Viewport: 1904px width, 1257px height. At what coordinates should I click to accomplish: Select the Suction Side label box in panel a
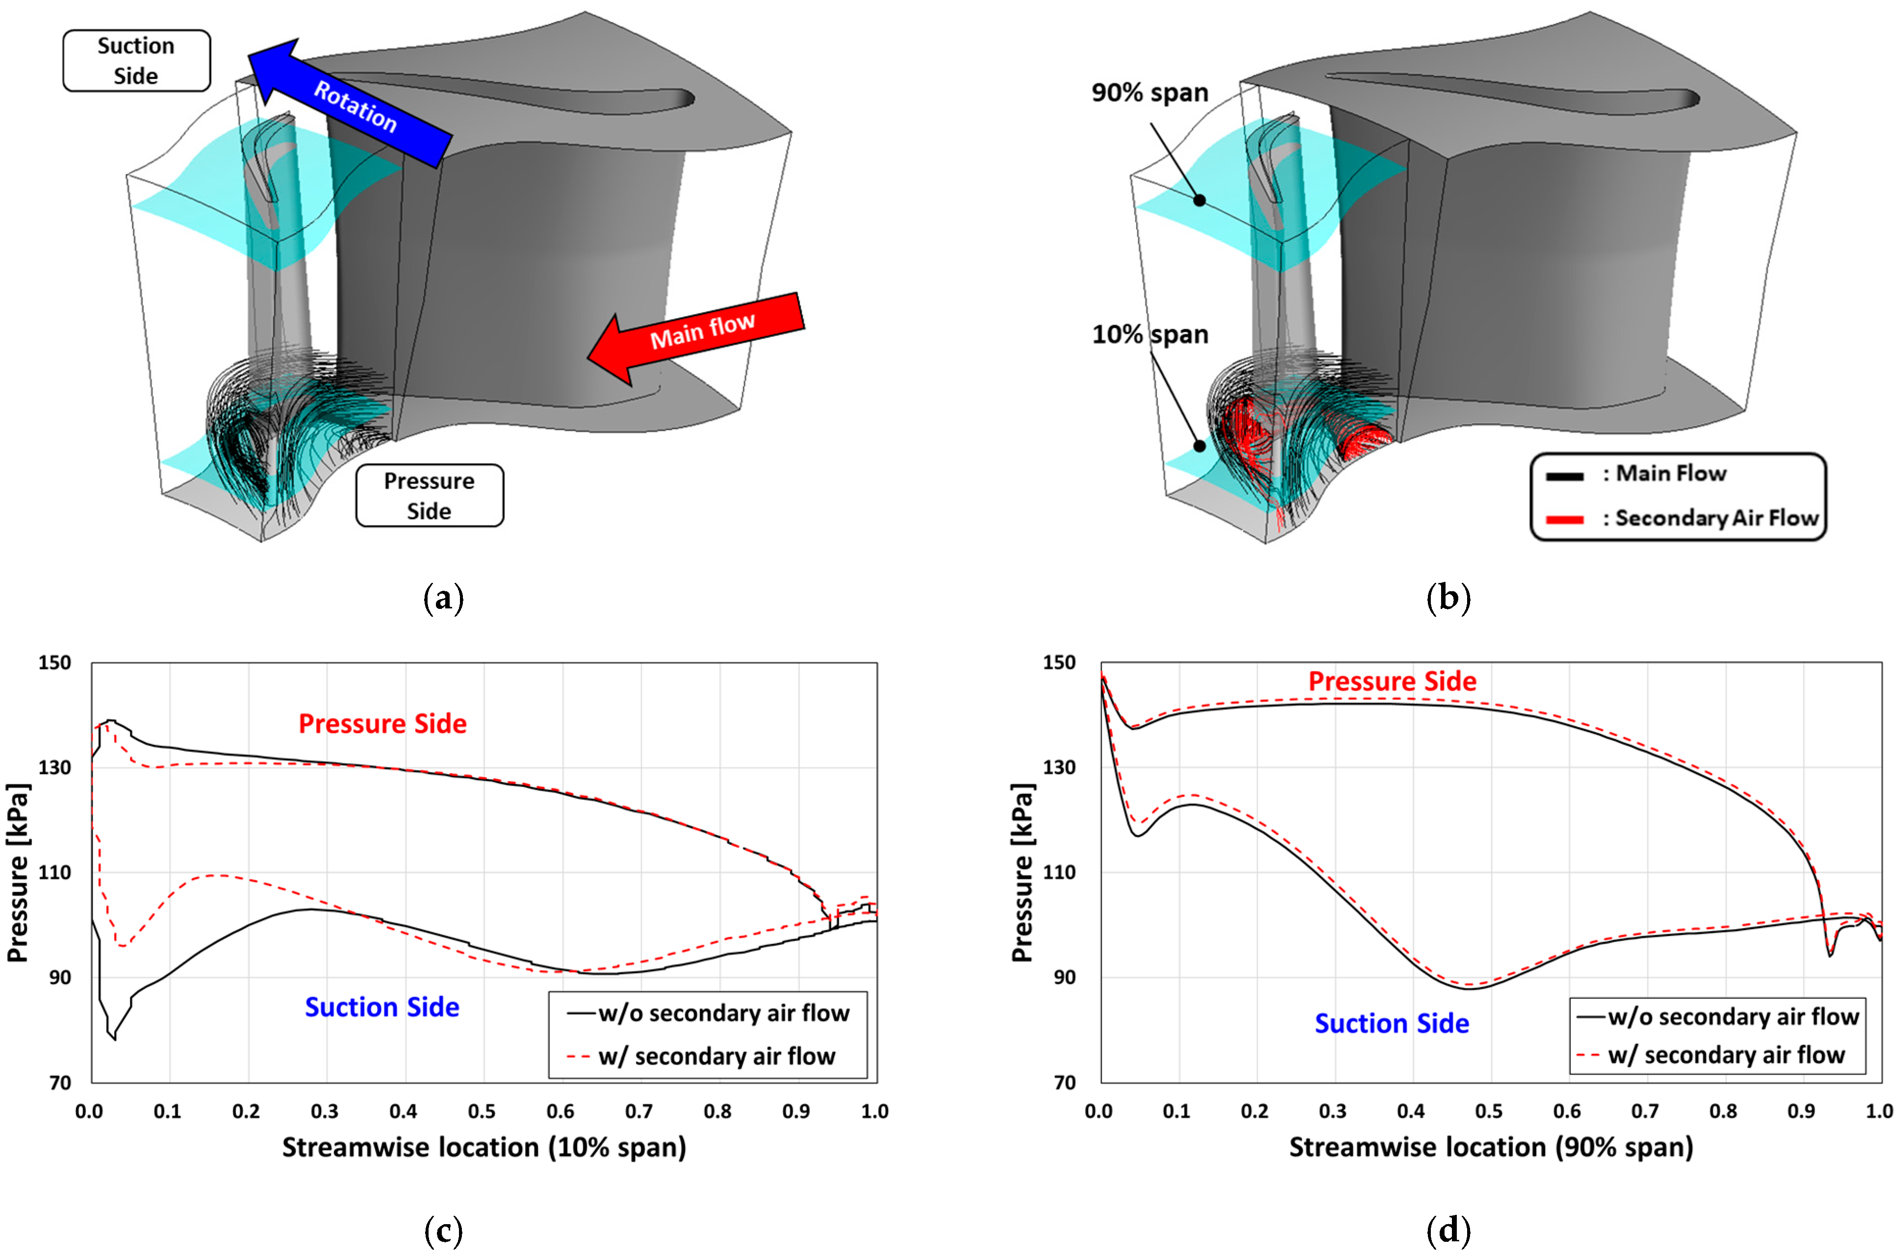[136, 61]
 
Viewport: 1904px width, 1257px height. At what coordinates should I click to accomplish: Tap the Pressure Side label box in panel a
[429, 496]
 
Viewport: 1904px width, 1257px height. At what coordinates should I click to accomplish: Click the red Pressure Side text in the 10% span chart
[382, 724]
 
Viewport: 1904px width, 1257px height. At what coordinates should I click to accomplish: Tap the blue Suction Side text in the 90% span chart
[1391, 1024]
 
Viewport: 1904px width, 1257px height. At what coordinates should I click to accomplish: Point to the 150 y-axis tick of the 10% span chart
[54, 663]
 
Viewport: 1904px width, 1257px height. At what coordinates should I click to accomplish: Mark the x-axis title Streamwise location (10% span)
[483, 1147]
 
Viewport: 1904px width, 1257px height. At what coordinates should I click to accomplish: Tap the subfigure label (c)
[443, 1231]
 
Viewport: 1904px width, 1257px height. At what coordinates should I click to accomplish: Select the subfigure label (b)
[1448, 599]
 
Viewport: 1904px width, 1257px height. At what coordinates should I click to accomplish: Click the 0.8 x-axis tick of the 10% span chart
[717, 1111]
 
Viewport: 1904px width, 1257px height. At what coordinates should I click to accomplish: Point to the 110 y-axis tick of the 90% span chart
[1059, 872]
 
